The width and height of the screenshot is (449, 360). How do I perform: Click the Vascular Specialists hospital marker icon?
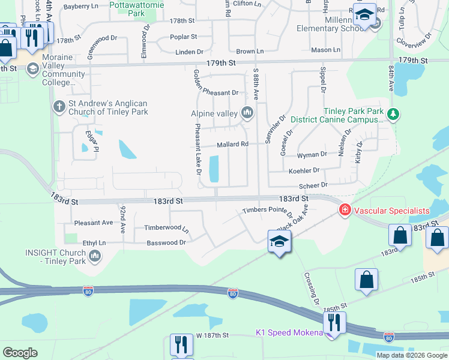click(345, 210)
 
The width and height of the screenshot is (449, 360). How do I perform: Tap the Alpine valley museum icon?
click(247, 113)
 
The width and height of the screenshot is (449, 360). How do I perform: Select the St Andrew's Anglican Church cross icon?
click(59, 106)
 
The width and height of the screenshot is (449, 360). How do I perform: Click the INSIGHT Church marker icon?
click(95, 257)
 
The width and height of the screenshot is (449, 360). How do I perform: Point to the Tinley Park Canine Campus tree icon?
click(393, 113)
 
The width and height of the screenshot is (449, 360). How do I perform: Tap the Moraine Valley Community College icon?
click(32, 68)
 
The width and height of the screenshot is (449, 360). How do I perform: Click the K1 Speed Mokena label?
click(289, 332)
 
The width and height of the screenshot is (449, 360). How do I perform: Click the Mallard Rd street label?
click(232, 144)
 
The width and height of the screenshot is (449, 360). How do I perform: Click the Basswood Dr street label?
click(166, 243)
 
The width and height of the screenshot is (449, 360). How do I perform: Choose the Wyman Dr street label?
click(312, 155)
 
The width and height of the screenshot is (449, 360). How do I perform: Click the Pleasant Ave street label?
click(94, 223)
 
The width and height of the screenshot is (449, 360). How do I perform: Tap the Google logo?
click(20, 352)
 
